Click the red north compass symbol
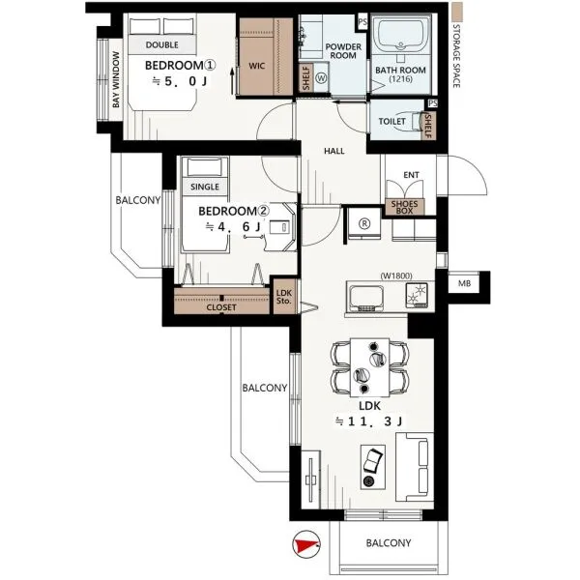pyautogui.click(x=306, y=544)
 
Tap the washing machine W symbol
pyautogui.click(x=322, y=78)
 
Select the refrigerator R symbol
pyautogui.click(x=364, y=223)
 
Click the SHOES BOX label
pyautogui.click(x=404, y=207)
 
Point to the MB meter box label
pyautogui.click(x=464, y=283)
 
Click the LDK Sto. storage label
pyautogui.click(x=284, y=297)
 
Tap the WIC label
pyautogui.click(x=257, y=66)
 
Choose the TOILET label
pyautogui.click(x=391, y=122)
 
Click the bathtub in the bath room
pyautogui.click(x=401, y=35)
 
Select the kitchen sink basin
pyautogui.click(x=365, y=299)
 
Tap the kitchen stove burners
pyautogui.click(x=417, y=295)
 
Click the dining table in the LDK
pyautogui.click(x=369, y=366)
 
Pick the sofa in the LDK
pyautogui.click(x=415, y=467)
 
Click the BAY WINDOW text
pyautogui.click(x=116, y=79)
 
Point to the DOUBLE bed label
pyautogui.click(x=162, y=44)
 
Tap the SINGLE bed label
pyautogui.click(x=205, y=187)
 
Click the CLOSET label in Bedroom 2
pyautogui.click(x=221, y=307)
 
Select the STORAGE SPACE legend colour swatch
pyautogui.click(x=457, y=12)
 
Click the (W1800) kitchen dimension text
pyautogui.click(x=395, y=275)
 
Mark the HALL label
pyautogui.click(x=334, y=151)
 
